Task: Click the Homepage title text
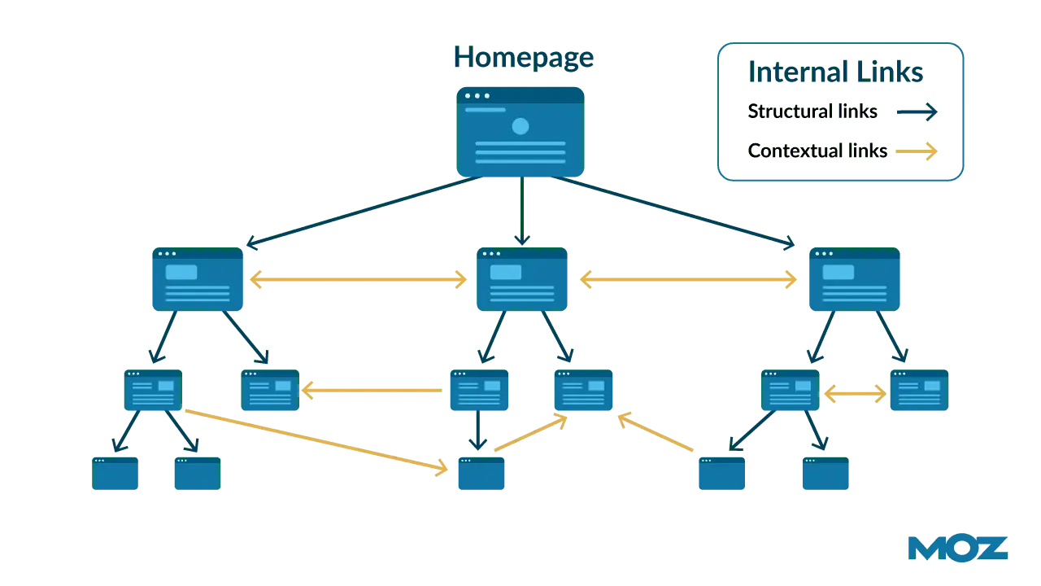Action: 523,58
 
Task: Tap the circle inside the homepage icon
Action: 520,126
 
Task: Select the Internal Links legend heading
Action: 835,72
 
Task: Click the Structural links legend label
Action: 812,111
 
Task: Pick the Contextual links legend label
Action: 817,151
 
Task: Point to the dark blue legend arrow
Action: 917,112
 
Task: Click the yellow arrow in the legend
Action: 917,151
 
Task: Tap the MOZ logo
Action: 957,549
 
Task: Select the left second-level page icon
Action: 198,280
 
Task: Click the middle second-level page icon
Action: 522,280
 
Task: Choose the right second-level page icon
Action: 854,280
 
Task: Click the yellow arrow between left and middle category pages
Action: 358,280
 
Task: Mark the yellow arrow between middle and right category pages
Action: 689,280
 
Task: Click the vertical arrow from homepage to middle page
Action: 521,212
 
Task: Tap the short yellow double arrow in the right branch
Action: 854,395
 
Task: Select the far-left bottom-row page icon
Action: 115,474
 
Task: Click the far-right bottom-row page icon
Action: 825,474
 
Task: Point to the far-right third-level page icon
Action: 919,391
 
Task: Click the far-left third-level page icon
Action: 153,391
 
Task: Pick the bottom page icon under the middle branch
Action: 481,474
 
